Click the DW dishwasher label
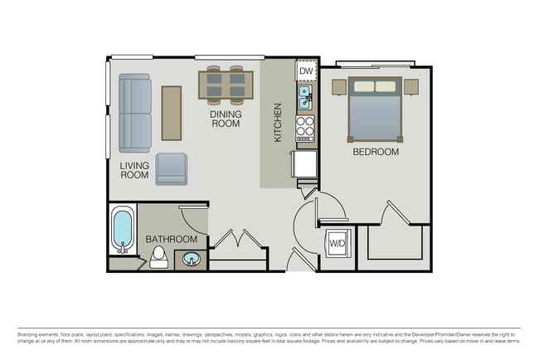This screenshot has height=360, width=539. tap(306, 72)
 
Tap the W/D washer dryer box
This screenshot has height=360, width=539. tap(337, 244)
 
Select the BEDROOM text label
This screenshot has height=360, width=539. tap(376, 153)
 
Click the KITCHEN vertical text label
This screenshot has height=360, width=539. tap(279, 122)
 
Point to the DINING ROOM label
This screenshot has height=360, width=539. tap(225, 119)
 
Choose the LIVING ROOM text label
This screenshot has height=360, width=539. tap(134, 170)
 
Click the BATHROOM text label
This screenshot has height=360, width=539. tap(172, 239)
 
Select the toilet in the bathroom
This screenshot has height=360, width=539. tap(157, 260)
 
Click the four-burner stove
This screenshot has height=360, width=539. tap(306, 128)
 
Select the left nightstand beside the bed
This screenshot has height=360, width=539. tap(337, 86)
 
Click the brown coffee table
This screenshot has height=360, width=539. tap(172, 114)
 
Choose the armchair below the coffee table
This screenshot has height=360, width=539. tap(172, 168)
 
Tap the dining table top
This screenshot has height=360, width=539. tap(226, 84)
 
